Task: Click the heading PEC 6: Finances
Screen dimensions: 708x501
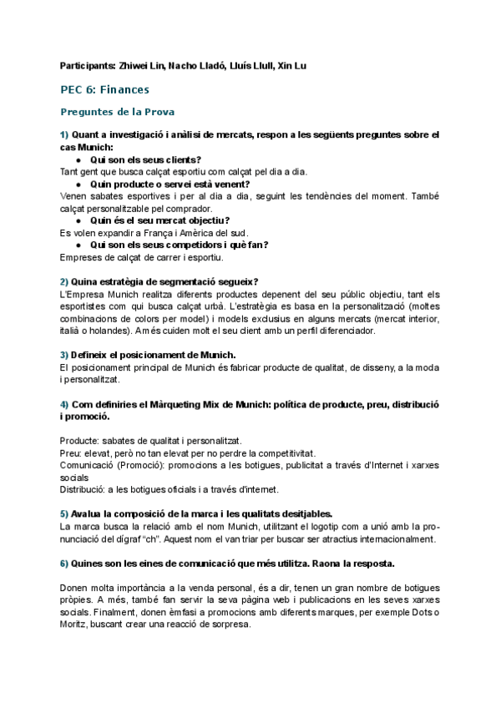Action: (x=105, y=88)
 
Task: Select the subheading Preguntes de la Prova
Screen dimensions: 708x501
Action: (x=117, y=111)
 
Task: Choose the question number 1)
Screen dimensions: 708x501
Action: (x=65, y=134)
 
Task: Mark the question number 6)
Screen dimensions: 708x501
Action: (x=65, y=564)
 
